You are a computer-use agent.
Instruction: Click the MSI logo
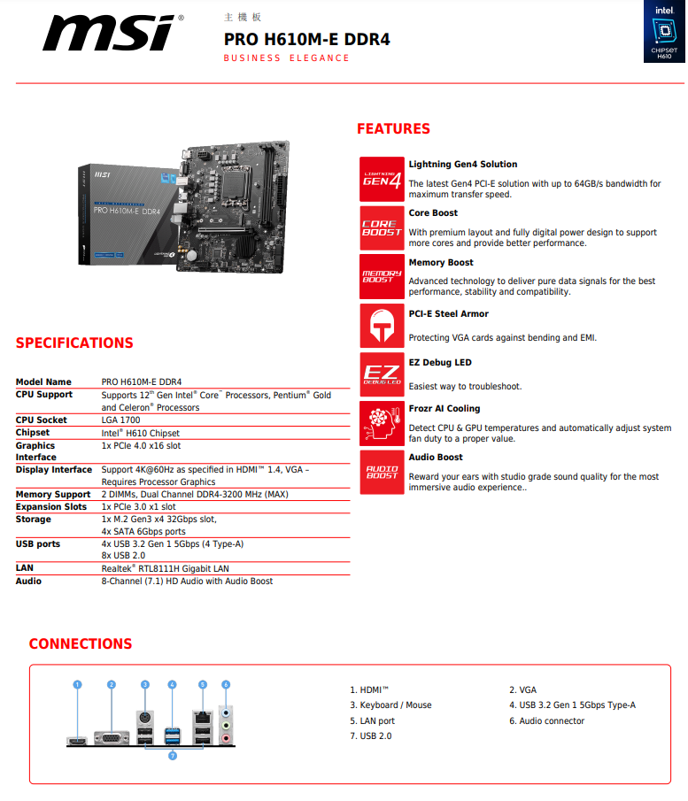(112, 33)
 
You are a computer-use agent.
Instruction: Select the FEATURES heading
(393, 129)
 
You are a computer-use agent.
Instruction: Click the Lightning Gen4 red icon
(382, 179)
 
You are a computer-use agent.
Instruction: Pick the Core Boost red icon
(382, 227)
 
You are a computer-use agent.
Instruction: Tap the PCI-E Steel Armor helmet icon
(382, 326)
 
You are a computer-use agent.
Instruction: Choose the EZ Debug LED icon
(382, 374)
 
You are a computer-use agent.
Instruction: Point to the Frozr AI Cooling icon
(382, 423)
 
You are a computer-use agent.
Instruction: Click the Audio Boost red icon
(382, 471)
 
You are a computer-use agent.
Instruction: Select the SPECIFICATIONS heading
(74, 343)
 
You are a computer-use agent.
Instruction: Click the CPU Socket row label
(42, 420)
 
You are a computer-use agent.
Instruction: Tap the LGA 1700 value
(121, 420)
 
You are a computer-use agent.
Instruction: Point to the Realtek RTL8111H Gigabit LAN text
(165, 569)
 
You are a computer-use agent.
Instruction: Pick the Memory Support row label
(53, 495)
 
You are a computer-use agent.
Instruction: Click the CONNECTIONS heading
(80, 644)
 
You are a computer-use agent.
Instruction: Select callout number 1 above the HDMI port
(77, 684)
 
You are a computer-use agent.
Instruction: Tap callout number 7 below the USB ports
(172, 756)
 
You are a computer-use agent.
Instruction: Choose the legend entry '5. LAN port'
(372, 721)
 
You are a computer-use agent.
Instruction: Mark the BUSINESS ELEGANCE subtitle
(286, 58)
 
